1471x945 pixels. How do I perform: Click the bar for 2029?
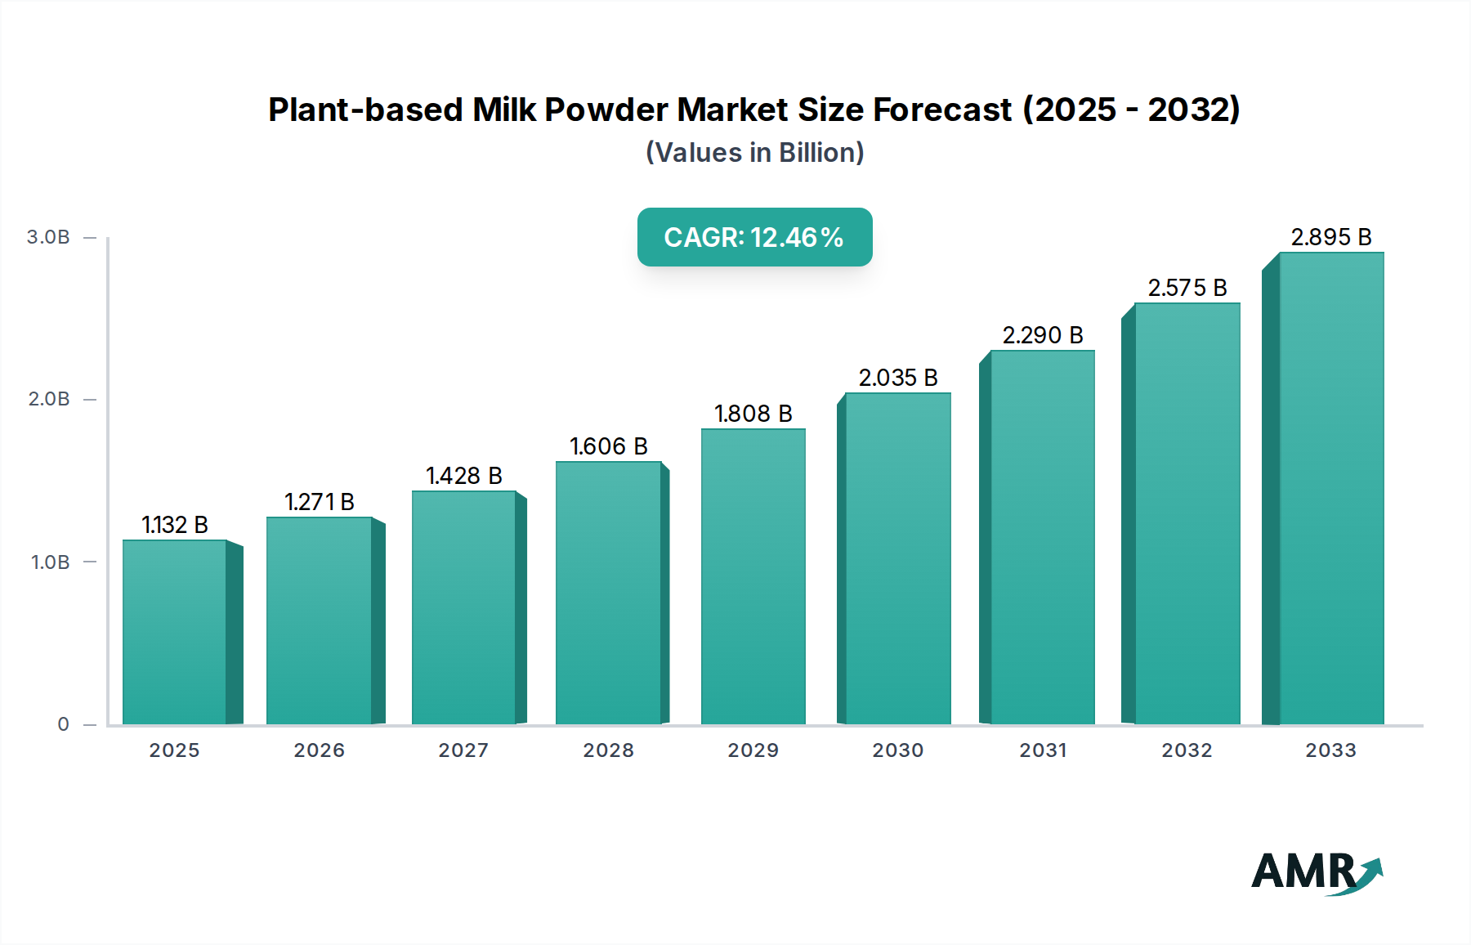pyautogui.click(x=753, y=576)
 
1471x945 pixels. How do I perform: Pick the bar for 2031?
pyautogui.click(x=1042, y=537)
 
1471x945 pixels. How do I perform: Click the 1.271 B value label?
pyautogui.click(x=319, y=502)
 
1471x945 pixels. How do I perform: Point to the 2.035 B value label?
pyautogui.click(x=897, y=378)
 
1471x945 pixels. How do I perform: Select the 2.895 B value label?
pyautogui.click(x=1330, y=237)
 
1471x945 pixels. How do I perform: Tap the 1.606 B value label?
pyautogui.click(x=608, y=446)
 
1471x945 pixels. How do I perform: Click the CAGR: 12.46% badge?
pyautogui.click(x=754, y=237)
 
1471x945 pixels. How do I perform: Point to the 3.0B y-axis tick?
pyautogui.click(x=48, y=237)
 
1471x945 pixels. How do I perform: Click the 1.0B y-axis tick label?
pyautogui.click(x=50, y=562)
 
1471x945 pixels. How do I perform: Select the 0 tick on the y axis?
pyautogui.click(x=63, y=724)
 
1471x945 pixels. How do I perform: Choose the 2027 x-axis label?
pyautogui.click(x=463, y=750)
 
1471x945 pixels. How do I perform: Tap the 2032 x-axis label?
pyautogui.click(x=1187, y=750)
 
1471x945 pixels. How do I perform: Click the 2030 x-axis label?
pyautogui.click(x=897, y=750)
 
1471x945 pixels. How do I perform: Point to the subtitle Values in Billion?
pyautogui.click(x=754, y=153)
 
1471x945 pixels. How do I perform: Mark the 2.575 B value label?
pyautogui.click(x=1187, y=288)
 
